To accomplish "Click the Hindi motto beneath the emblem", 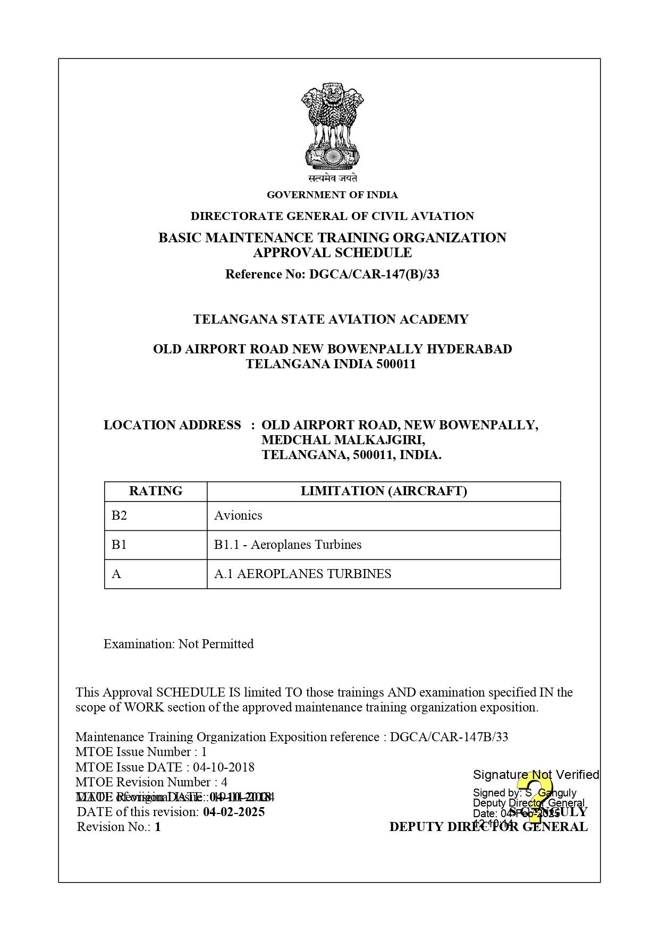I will point(332,178).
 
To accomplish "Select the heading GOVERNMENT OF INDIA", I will point(332,195).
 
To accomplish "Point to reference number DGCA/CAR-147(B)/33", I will point(374,274).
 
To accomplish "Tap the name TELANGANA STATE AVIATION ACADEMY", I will point(331,319).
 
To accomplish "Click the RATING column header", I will point(156,491).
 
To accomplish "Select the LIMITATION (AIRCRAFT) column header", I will point(384,491).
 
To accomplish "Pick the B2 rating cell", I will point(120,515).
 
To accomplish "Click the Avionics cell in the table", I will point(238,515).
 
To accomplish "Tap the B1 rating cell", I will point(120,545).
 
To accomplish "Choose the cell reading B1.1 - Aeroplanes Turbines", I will point(288,545).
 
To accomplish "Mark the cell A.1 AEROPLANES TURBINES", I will point(302,574).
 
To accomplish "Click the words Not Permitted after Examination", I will point(216,644).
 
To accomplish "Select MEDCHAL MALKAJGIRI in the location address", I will point(343,440).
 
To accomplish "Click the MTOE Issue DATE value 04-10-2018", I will point(224,767).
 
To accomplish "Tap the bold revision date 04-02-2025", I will point(234,812).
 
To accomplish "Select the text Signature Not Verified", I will point(536,775).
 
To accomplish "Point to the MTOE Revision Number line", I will point(151,782).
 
